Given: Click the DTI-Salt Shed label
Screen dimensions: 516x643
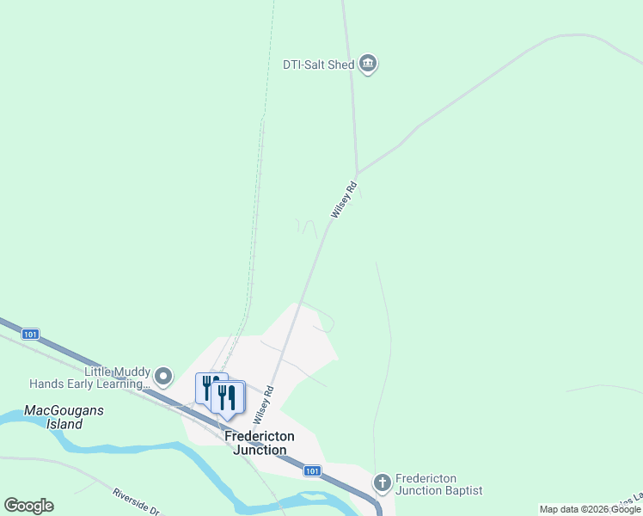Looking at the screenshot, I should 319,64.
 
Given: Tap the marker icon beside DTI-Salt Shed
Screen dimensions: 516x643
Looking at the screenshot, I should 369,63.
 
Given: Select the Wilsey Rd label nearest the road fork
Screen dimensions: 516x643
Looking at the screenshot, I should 342,199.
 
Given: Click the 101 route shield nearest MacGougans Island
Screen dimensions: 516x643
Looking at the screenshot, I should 30,334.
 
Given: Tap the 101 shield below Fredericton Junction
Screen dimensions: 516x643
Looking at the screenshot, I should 312,470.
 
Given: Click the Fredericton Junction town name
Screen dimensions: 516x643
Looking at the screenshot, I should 259,443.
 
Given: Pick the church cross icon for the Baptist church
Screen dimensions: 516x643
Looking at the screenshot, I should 383,483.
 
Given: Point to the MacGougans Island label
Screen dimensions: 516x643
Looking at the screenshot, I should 64,417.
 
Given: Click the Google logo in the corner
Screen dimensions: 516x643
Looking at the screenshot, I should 29,506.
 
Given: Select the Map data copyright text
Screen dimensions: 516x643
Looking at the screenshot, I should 590,510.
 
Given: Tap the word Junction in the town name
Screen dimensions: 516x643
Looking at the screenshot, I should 259,450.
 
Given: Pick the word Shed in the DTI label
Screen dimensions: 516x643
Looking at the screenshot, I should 341,64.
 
